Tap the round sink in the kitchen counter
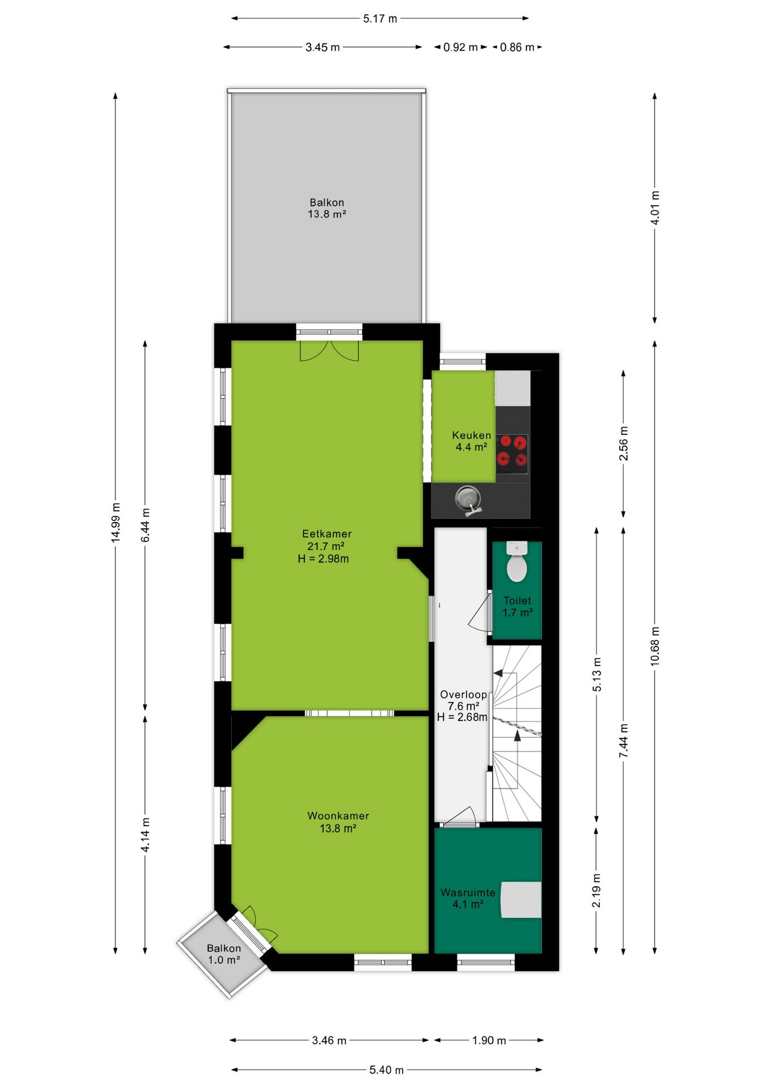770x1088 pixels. pyautogui.click(x=468, y=499)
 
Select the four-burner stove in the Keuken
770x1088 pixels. pyautogui.click(x=512, y=453)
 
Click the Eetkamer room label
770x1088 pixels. pyautogui.click(x=327, y=534)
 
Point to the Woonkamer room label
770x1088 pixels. pyautogui.click(x=338, y=816)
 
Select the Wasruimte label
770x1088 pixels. pyautogui.click(x=468, y=892)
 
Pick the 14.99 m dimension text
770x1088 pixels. pyautogui.click(x=116, y=522)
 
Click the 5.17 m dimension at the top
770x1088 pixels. pyautogui.click(x=380, y=19)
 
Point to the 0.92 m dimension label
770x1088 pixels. pyautogui.click(x=460, y=47)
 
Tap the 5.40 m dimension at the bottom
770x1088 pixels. pyautogui.click(x=386, y=1070)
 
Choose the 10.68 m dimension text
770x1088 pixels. pyautogui.click(x=655, y=646)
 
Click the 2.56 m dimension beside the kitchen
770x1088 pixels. pyautogui.click(x=623, y=443)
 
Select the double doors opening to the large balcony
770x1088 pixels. pyautogui.click(x=329, y=350)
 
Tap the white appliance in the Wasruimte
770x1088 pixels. pyautogui.click(x=521, y=899)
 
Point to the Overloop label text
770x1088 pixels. pyautogui.click(x=463, y=695)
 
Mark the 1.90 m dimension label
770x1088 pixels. pyautogui.click(x=489, y=1040)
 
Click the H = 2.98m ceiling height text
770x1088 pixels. pyautogui.click(x=323, y=559)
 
